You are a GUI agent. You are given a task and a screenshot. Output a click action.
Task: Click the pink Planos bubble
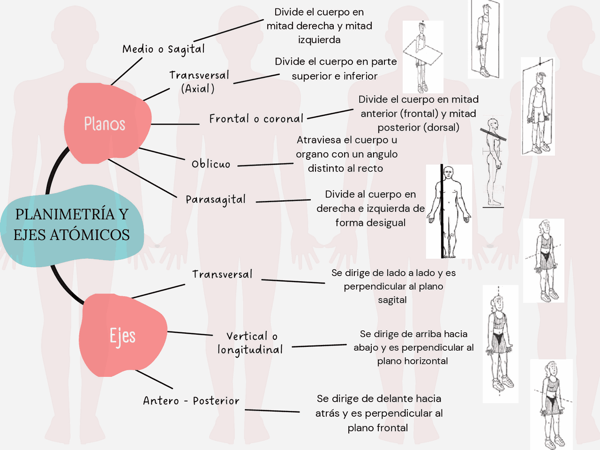pyautogui.click(x=106, y=123)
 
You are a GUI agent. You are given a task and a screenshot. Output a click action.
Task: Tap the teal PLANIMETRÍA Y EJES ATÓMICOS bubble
pyautogui.click(x=72, y=225)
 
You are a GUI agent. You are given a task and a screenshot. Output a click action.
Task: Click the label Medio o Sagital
pyautogui.click(x=164, y=49)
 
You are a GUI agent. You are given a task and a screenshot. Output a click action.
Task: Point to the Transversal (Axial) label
pyautogui.click(x=199, y=82)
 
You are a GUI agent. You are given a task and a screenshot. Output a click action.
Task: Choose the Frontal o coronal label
pyautogui.click(x=256, y=119)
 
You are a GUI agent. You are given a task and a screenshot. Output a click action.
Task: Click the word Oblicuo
pyautogui.click(x=211, y=164)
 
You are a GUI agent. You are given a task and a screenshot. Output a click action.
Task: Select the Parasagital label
pyautogui.click(x=216, y=200)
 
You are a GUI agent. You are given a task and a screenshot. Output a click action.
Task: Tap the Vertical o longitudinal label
pyautogui.click(x=250, y=343)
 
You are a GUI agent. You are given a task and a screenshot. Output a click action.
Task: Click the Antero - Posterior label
pyautogui.click(x=191, y=401)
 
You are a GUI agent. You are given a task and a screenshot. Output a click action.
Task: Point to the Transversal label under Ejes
pyautogui.click(x=222, y=274)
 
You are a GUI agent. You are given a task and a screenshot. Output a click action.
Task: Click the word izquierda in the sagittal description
pyautogui.click(x=319, y=40)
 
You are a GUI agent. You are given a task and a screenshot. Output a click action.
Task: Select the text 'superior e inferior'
pyautogui.click(x=334, y=76)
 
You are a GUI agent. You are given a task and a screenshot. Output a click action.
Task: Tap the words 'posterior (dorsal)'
pyautogui.click(x=418, y=127)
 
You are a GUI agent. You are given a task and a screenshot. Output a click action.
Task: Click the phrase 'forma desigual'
pyautogui.click(x=370, y=223)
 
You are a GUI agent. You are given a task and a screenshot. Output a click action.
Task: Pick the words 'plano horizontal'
pyautogui.click(x=412, y=361)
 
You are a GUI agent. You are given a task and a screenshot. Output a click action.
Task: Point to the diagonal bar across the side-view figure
pyautogui.click(x=493, y=135)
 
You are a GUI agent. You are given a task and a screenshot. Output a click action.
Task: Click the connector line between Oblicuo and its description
pyautogui.click(x=265, y=165)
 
